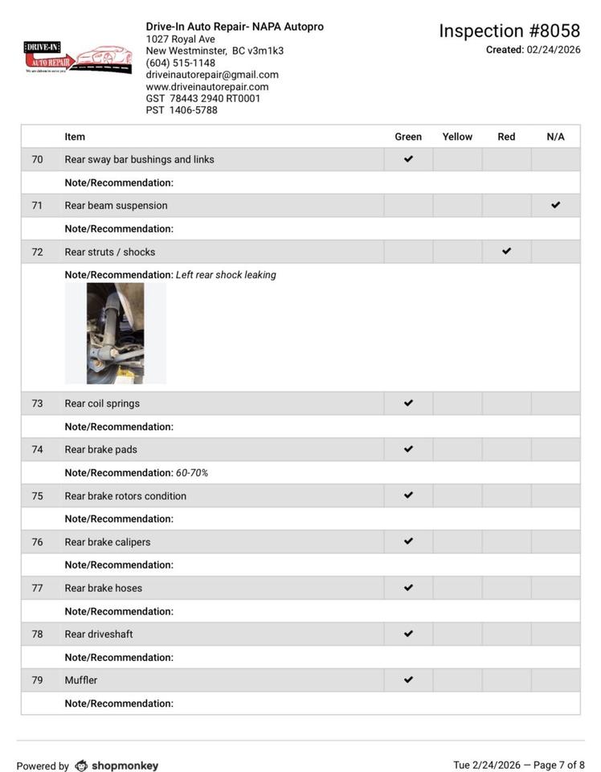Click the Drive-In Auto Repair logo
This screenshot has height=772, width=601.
(77, 59)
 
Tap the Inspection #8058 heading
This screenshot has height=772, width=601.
(509, 31)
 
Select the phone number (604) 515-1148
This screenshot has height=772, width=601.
(180, 63)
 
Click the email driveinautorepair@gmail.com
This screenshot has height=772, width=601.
(212, 75)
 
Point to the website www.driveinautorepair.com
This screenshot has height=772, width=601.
(206, 87)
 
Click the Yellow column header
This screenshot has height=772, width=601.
(457, 137)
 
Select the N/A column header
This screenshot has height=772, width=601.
(555, 137)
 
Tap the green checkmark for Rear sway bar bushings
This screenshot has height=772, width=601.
(408, 159)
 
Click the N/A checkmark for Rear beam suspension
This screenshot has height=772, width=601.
(555, 205)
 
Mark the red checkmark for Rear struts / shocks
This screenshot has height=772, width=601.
(506, 251)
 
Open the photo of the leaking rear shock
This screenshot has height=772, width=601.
(116, 333)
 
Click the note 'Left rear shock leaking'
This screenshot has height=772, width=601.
(226, 275)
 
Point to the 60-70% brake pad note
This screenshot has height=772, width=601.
(192, 473)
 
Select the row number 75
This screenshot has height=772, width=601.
(37, 496)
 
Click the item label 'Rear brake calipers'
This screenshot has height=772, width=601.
(108, 542)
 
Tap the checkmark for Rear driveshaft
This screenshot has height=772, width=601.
(408, 634)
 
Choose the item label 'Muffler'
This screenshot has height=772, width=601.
(81, 680)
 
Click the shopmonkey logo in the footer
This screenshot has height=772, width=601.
(117, 766)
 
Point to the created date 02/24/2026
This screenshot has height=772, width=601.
(553, 50)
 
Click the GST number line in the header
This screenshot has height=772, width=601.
(203, 99)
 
